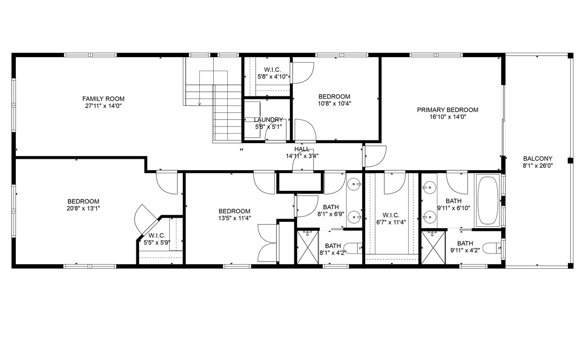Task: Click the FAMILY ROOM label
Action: coord(103,99)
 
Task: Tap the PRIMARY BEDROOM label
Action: coord(447,110)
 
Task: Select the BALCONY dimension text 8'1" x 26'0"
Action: coord(538,166)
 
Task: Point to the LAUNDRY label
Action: coord(269,120)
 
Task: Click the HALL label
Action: coord(302,149)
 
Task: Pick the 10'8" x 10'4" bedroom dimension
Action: coord(334,103)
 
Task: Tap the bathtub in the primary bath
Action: coord(488,200)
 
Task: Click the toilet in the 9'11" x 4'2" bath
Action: coord(491,248)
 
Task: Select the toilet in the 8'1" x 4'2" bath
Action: coord(352,248)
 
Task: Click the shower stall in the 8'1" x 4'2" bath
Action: coord(308,247)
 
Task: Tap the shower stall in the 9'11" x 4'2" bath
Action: coord(433,247)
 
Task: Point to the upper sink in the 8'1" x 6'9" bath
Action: coord(355,184)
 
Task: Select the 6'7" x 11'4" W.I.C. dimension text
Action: coord(391,222)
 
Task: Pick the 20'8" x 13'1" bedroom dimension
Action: coord(83,208)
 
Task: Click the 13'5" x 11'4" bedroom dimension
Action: coord(234,218)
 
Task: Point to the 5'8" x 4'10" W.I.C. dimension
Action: coord(273,77)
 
